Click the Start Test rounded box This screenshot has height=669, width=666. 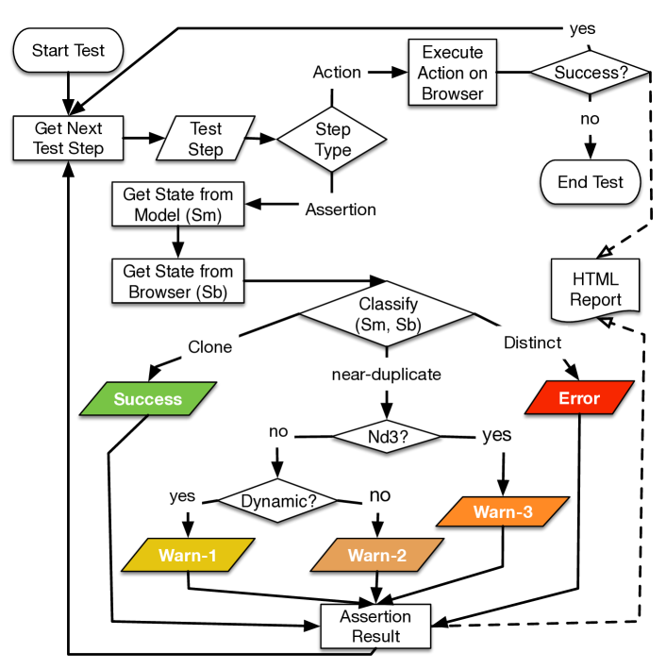point(69,51)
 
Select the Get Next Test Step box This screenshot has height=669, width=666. point(70,138)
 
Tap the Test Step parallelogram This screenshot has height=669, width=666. point(206,139)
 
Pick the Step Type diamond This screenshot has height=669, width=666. point(333,139)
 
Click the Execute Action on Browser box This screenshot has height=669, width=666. point(452,72)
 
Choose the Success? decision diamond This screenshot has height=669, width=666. point(590,72)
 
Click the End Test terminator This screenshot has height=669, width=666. point(590,182)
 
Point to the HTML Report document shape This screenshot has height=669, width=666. point(596,288)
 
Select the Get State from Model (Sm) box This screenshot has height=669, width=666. point(177,205)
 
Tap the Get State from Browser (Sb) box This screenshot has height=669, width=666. point(177,280)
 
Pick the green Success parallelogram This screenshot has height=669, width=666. point(148,399)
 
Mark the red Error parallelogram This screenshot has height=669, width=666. point(578,398)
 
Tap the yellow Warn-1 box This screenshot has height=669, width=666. point(189,555)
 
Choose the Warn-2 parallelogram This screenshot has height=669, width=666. point(376,555)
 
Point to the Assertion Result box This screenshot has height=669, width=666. point(375,626)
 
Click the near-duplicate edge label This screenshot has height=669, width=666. point(385,375)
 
